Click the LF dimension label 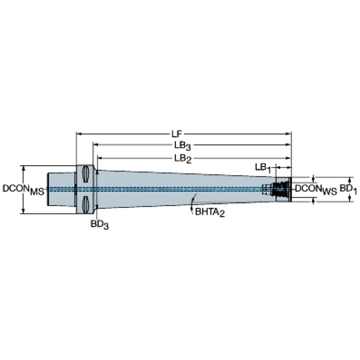point(176,134)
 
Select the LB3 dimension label point(183,146)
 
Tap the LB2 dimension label point(183,159)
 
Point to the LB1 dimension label point(263,168)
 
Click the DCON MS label point(23,190)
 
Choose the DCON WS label point(316,190)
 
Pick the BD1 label point(348,190)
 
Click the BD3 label point(100,224)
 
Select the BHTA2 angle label point(210,212)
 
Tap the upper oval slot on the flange point(85,174)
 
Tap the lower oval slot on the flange point(85,205)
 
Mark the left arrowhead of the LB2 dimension point(100,158)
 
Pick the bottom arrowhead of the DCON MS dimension point(23,211)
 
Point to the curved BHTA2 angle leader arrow point(193,203)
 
